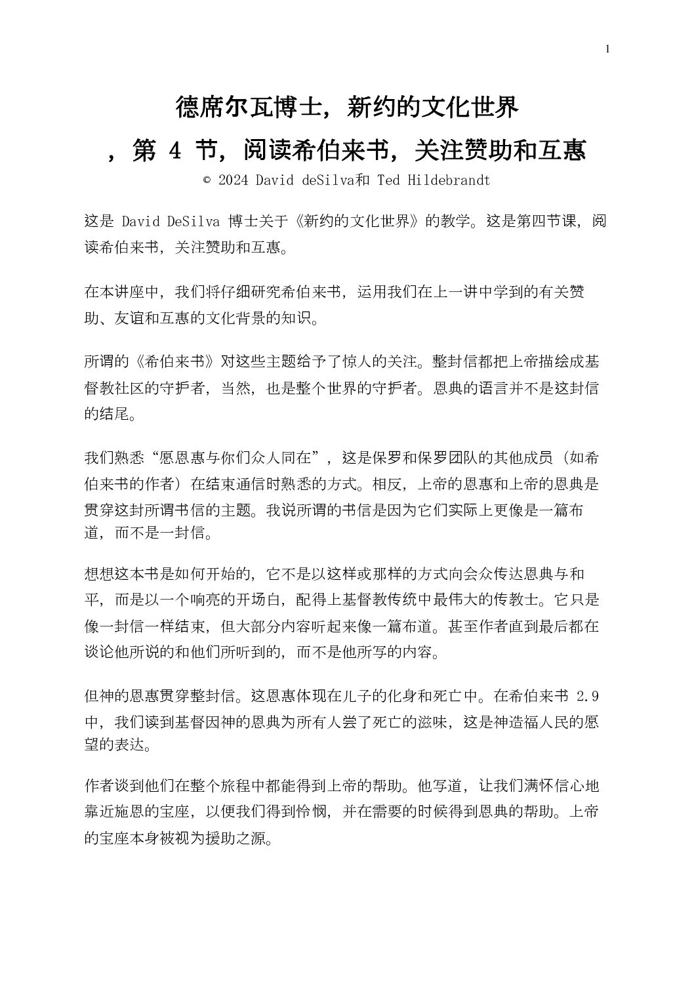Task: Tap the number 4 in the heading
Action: coord(174,152)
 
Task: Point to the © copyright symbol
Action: coord(207,180)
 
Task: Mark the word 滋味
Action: coord(433,722)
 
